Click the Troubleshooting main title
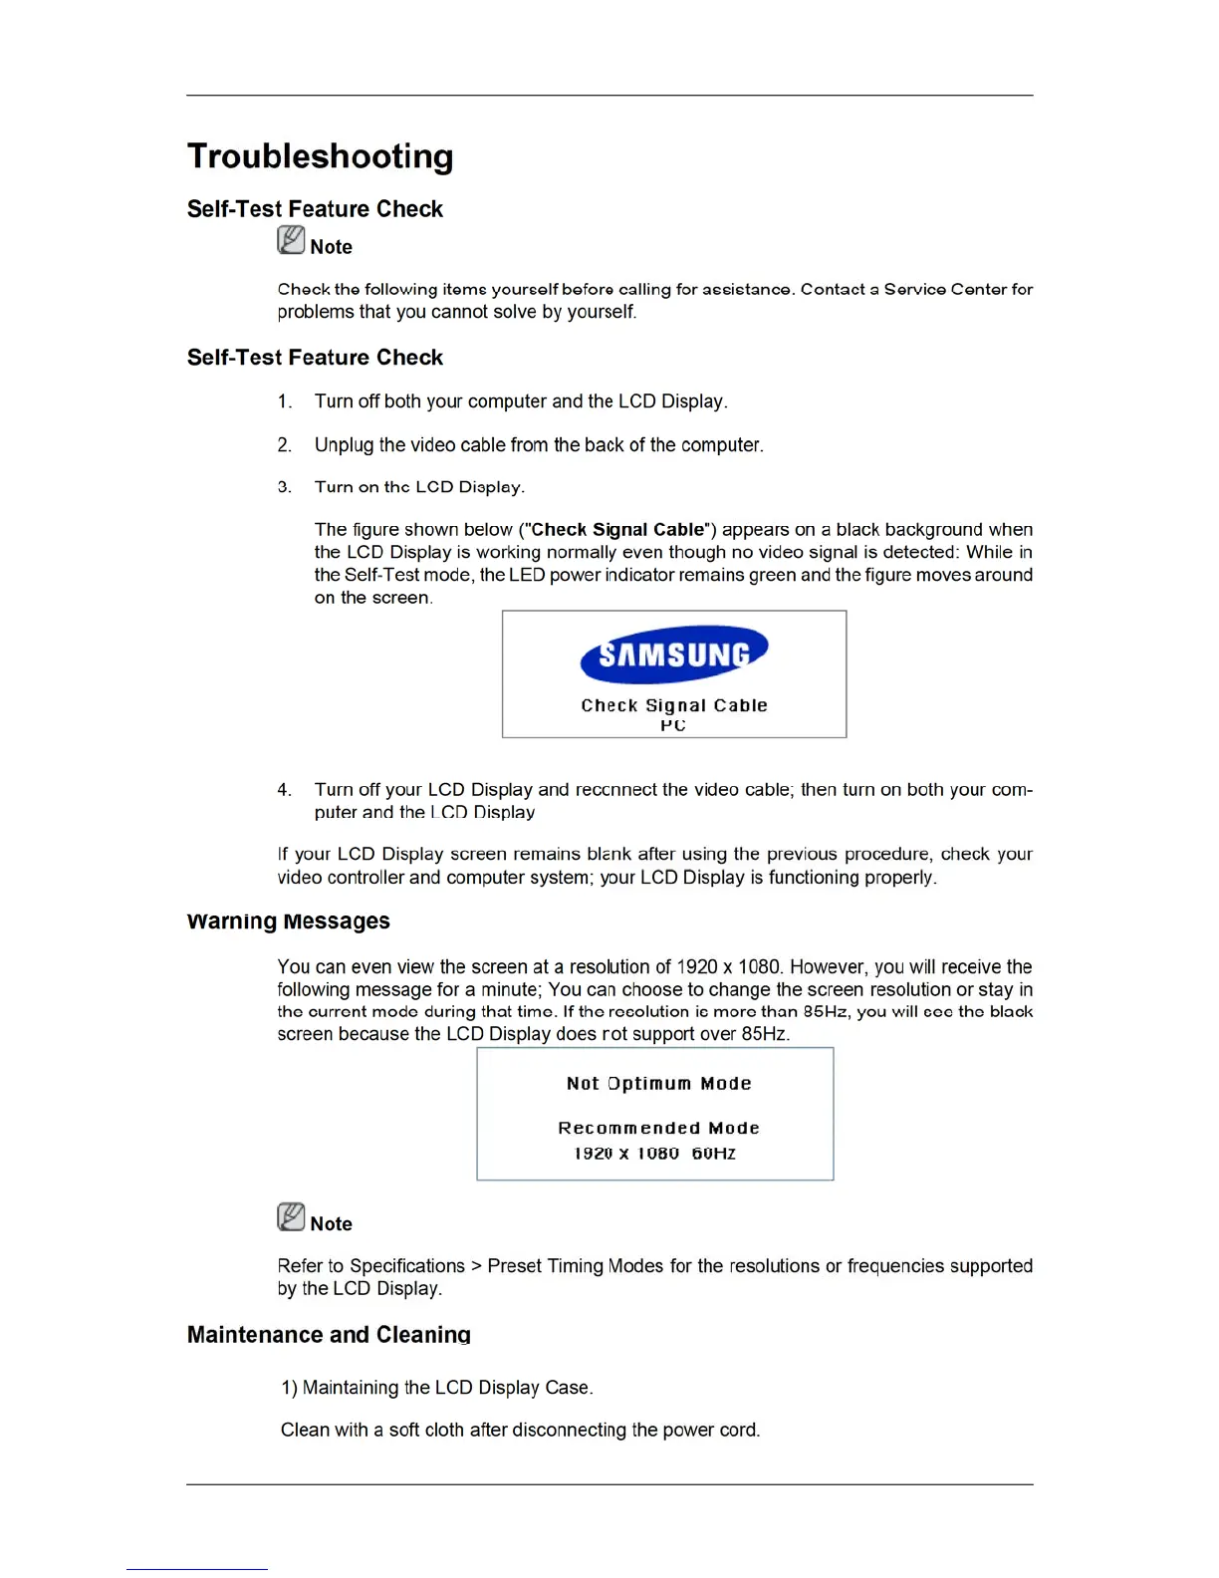click(320, 156)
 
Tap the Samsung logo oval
click(674, 655)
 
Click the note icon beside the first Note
click(291, 240)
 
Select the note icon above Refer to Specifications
click(291, 1217)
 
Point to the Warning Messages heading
click(288, 921)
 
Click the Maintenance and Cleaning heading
click(329, 1335)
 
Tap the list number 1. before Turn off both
click(285, 401)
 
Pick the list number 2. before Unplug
click(285, 445)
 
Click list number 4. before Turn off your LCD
click(285, 790)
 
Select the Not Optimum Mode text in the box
click(658, 1084)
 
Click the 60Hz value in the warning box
click(713, 1154)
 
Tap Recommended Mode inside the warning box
click(658, 1128)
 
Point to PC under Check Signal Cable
click(673, 725)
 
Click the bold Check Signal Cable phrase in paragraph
click(617, 530)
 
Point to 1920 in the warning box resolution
click(594, 1154)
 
